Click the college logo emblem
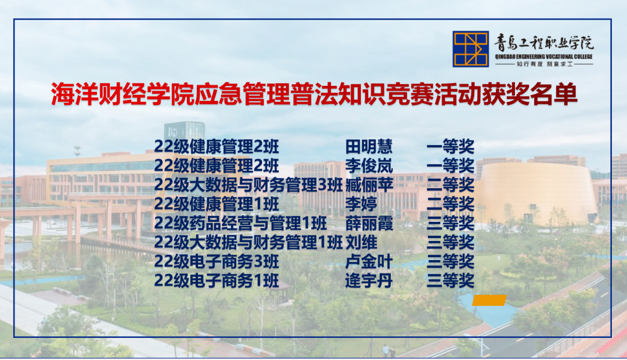[471, 49]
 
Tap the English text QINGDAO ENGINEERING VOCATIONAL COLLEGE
[543, 56]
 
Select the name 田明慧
[369, 146]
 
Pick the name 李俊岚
[369, 165]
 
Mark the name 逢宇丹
[369, 281]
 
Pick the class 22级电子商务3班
[217, 261]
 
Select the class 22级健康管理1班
[217, 204]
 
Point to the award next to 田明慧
[451, 146]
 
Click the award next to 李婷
[451, 204]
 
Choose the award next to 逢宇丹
[451, 281]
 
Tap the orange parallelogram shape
[489, 300]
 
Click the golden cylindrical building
[537, 192]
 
